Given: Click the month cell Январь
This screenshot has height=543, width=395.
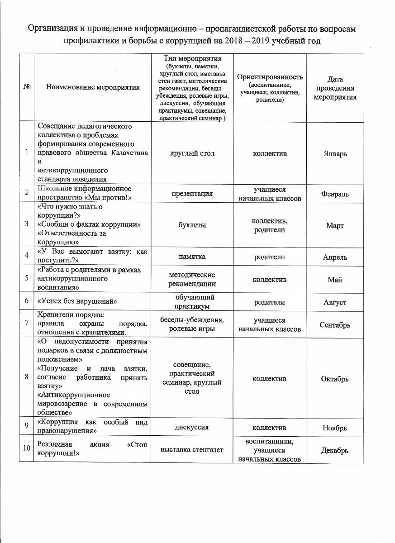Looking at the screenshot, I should (x=335, y=153).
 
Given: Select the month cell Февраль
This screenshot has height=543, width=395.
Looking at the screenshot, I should (x=335, y=194).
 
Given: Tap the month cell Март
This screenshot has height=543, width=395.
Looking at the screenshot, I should (x=335, y=225).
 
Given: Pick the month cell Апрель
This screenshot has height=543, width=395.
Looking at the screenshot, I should (x=335, y=257).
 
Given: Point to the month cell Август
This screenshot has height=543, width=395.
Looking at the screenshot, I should (x=335, y=302).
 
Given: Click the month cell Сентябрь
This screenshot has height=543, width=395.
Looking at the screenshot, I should (x=335, y=325).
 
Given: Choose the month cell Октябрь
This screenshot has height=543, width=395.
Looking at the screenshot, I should (x=335, y=379).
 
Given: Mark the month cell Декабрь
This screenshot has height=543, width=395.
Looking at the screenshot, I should (x=335, y=451).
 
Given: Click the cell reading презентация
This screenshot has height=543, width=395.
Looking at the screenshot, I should (x=192, y=194).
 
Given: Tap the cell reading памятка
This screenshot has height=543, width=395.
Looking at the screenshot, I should (x=192, y=257).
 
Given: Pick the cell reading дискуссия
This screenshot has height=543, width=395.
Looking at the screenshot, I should (x=192, y=427).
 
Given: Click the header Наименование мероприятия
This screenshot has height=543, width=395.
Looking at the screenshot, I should (x=93, y=87).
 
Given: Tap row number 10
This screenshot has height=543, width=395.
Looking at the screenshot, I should (x=27, y=448).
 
